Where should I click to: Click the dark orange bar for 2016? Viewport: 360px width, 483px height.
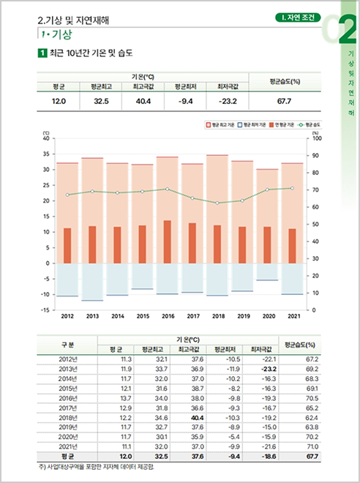coord(167,241)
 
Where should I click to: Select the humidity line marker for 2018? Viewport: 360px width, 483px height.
coord(217,203)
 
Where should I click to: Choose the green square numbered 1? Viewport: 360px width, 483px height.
coord(42,53)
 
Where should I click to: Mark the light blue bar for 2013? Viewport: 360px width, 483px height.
coord(92,282)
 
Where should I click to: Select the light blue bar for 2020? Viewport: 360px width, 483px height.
coord(267,272)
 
